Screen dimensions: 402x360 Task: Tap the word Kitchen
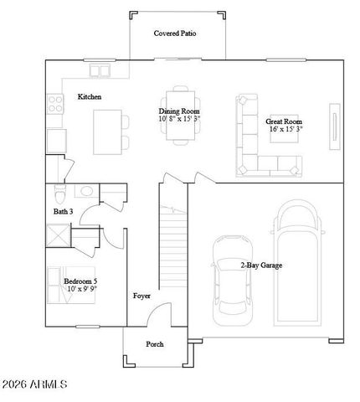tap(90, 97)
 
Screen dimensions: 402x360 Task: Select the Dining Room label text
tap(179, 111)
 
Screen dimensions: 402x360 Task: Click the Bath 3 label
tap(64, 212)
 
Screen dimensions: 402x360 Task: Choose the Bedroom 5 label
tap(81, 280)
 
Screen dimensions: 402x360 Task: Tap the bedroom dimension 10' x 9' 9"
tap(81, 289)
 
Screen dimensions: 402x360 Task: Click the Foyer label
tap(141, 296)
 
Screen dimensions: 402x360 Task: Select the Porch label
tap(154, 344)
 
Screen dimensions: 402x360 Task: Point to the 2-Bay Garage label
tap(260, 265)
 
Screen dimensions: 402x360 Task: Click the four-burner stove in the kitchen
tap(56, 104)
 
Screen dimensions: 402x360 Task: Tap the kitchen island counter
tap(106, 131)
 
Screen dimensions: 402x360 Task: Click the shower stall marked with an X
tap(57, 237)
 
